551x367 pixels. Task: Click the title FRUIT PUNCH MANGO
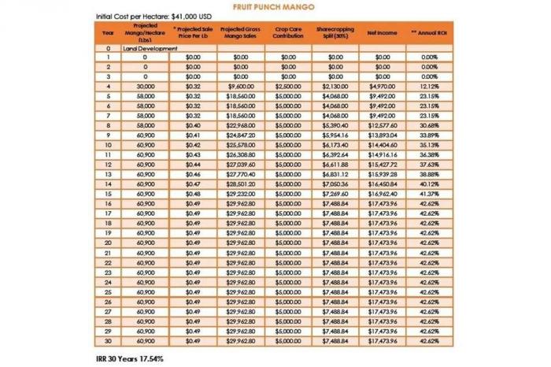click(x=275, y=6)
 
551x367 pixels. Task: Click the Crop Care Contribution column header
click(x=288, y=32)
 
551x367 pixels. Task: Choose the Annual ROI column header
click(x=429, y=32)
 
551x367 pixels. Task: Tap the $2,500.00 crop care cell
click(x=288, y=86)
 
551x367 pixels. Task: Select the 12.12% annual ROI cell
click(x=429, y=86)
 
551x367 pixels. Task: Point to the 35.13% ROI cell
click(x=429, y=146)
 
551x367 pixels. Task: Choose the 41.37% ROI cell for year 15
click(x=429, y=192)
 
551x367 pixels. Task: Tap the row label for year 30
click(x=108, y=342)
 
